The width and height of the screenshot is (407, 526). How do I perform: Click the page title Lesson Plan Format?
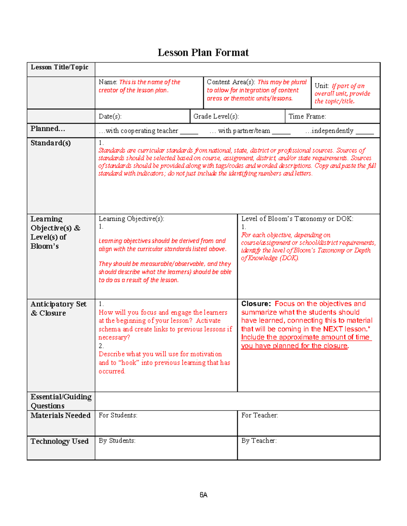pos(203,52)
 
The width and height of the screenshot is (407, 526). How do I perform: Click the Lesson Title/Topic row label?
pos(59,67)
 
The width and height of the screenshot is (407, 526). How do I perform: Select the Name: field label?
pos(108,82)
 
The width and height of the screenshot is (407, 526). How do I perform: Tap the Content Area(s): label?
pos(231,82)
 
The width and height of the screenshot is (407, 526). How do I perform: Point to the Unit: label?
pos(322,86)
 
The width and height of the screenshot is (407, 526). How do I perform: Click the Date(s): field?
pos(110,117)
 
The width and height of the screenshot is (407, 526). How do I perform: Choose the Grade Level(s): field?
pos(216,117)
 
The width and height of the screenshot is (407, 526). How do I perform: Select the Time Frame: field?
pos(307,117)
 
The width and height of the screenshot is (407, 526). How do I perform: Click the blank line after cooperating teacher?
pos(189,132)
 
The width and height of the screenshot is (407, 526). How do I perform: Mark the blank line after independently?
pos(365,132)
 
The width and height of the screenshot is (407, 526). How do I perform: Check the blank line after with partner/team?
pos(281,132)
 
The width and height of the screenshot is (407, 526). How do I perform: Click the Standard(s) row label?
pos(51,143)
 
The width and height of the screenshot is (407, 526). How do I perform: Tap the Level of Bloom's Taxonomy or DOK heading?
pos(297,219)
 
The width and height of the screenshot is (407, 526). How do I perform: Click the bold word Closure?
pos(256,304)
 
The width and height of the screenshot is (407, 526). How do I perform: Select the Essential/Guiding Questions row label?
pos(61,401)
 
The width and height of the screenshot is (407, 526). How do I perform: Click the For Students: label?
pos(118,415)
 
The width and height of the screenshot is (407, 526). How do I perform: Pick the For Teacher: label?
pos(259,415)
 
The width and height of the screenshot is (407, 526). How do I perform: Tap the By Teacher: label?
pos(259,441)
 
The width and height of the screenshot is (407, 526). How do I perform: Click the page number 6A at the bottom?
pos(203,495)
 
